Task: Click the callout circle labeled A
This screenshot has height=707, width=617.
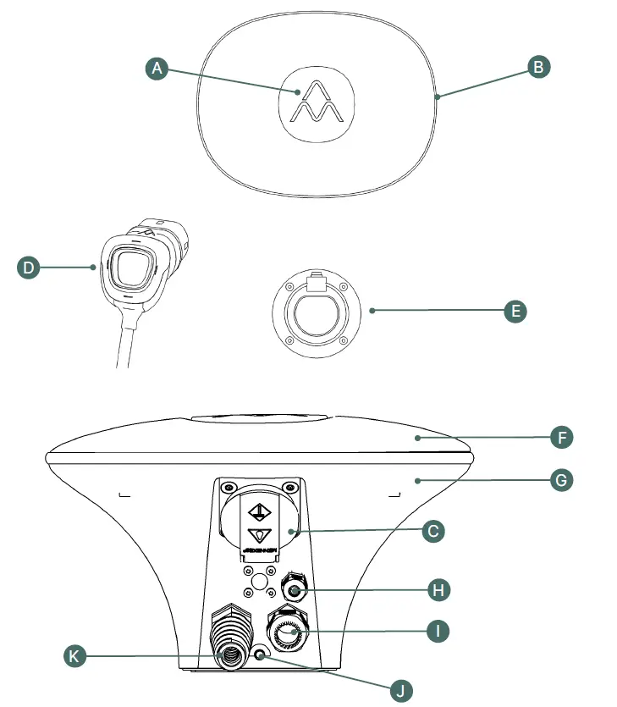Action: [154, 69]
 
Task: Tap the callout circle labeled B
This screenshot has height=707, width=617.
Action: [538, 68]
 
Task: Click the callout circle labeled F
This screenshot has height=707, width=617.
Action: [561, 438]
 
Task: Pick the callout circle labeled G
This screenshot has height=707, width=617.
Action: [561, 481]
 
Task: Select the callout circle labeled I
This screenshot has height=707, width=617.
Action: [438, 632]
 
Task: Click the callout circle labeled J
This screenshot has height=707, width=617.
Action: [402, 690]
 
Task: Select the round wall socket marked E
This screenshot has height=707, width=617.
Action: [317, 312]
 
